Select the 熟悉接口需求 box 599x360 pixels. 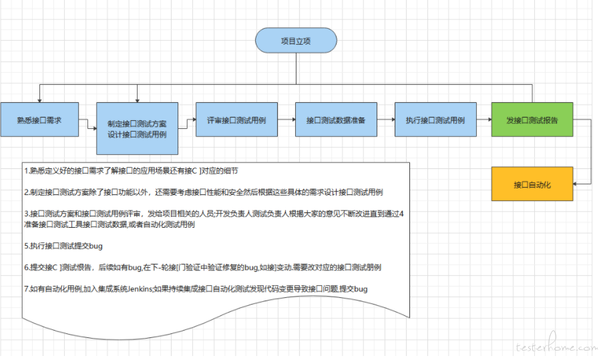click(x=39, y=120)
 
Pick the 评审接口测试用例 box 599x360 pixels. click(x=236, y=120)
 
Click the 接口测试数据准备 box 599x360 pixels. click(x=336, y=120)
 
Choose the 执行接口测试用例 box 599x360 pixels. click(x=435, y=120)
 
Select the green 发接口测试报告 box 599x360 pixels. click(x=532, y=120)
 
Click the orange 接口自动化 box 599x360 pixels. click(x=532, y=184)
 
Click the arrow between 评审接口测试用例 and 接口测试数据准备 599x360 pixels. click(x=286, y=120)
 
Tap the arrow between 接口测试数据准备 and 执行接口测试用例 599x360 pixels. click(x=385, y=120)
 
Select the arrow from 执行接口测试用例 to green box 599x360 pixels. click(x=483, y=120)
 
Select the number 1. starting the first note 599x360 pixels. click(x=25, y=171)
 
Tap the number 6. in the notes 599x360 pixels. click(x=25, y=267)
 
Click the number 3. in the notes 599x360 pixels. click(x=25, y=214)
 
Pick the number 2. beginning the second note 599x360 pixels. click(x=25, y=192)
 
